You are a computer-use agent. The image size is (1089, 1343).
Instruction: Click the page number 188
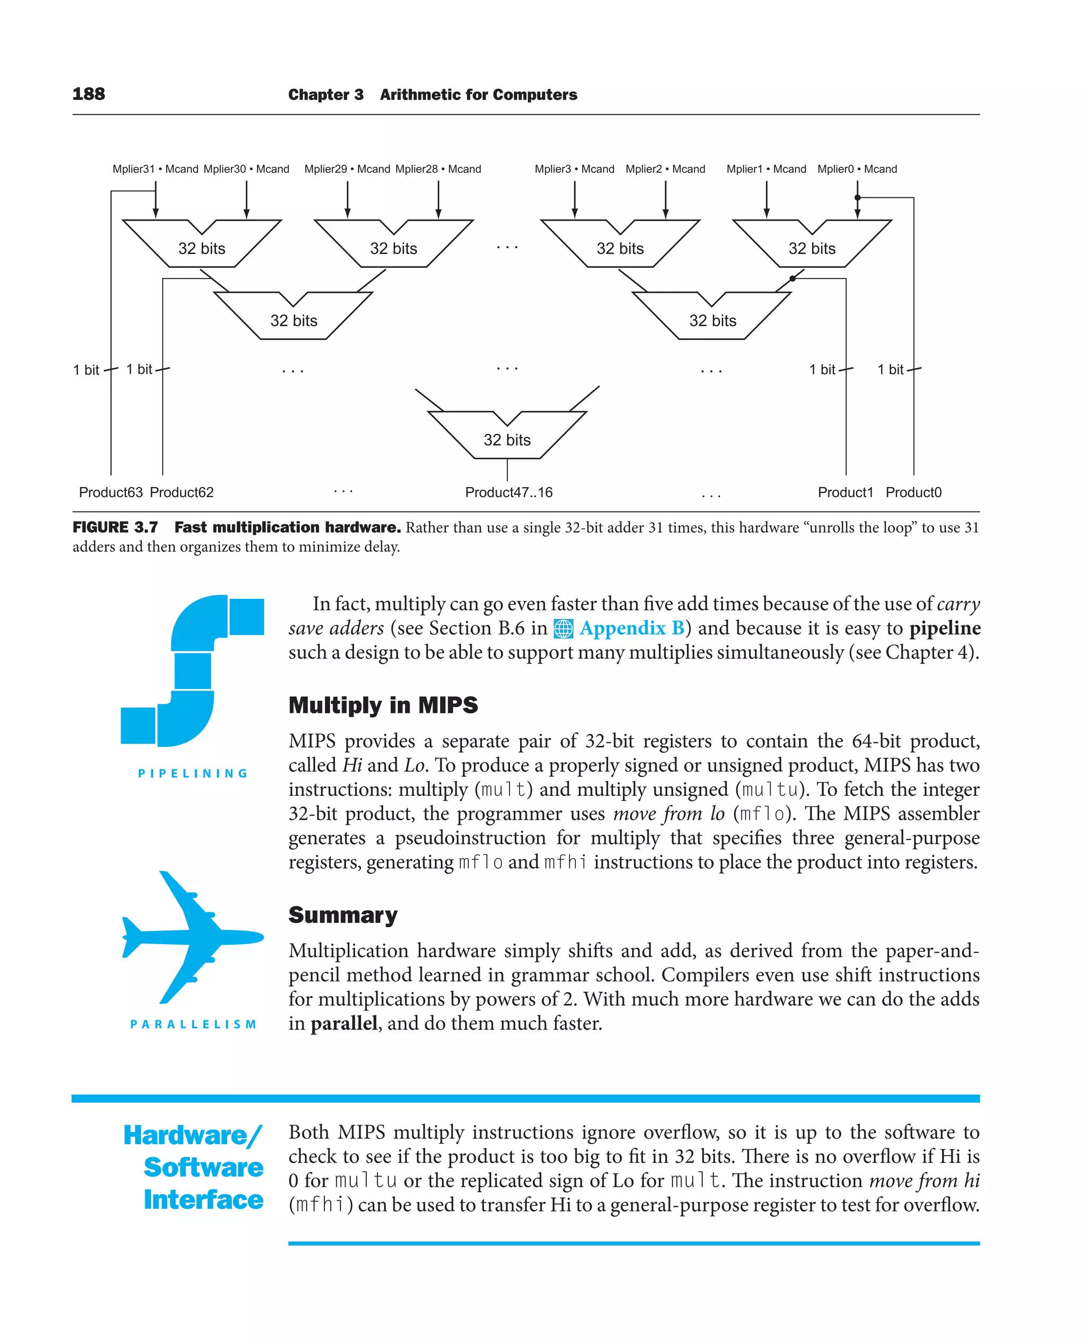[x=88, y=94]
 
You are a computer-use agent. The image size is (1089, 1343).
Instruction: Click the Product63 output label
[x=111, y=492]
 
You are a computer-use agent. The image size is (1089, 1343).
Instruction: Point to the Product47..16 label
[x=509, y=492]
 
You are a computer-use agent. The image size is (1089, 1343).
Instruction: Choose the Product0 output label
[x=914, y=492]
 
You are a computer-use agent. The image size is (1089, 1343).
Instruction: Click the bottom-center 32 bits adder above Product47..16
[x=507, y=439]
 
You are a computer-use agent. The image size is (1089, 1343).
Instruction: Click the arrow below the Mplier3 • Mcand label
[x=575, y=201]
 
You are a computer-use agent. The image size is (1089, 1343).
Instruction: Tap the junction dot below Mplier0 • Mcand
[x=858, y=198]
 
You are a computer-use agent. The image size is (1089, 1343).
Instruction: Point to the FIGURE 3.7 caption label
[x=115, y=527]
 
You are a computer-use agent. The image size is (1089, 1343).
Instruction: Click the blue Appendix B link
[x=631, y=628]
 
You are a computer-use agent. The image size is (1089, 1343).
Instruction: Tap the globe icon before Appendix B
[x=563, y=628]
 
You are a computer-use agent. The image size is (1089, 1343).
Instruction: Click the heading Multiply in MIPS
[x=383, y=705]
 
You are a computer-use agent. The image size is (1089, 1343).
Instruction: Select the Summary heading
[x=342, y=914]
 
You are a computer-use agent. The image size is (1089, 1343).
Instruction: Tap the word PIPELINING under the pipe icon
[x=193, y=774]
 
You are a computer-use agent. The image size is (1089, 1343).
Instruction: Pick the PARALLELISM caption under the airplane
[x=193, y=1025]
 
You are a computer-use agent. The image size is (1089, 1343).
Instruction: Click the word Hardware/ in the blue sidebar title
[x=193, y=1135]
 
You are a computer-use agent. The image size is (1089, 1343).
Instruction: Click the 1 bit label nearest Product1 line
[x=823, y=370]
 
